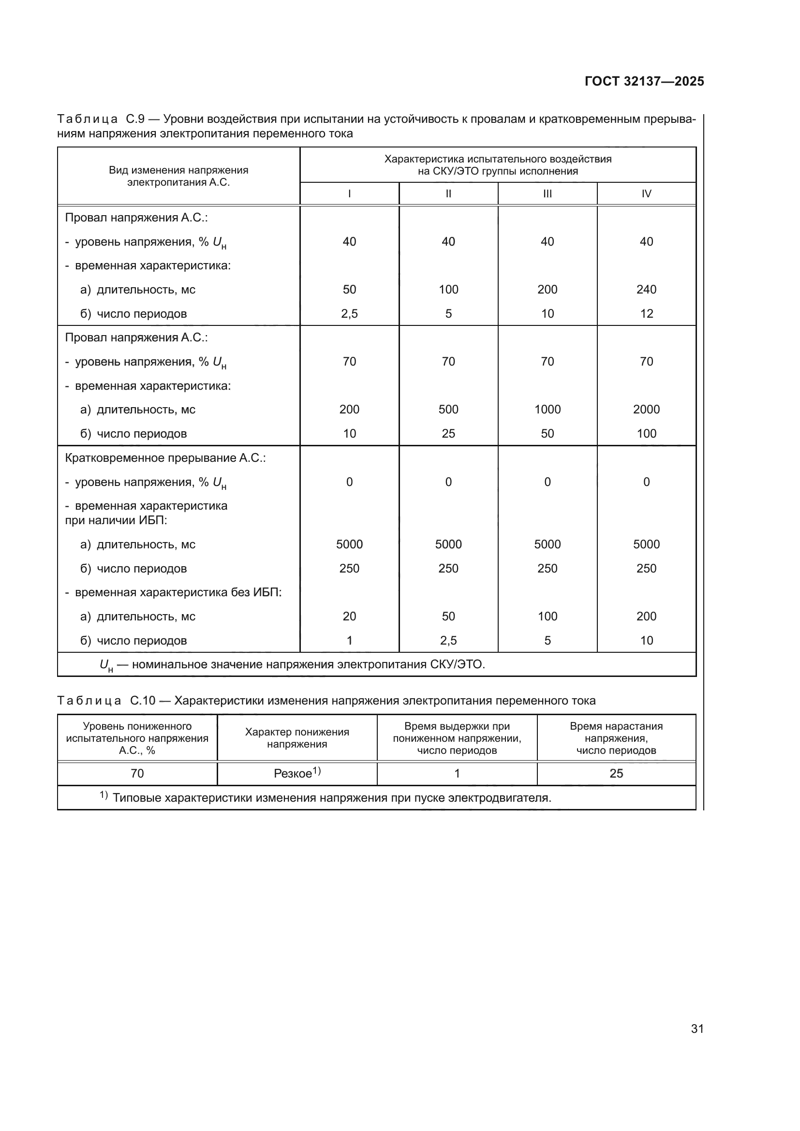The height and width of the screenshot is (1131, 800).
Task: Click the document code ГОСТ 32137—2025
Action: coord(644,81)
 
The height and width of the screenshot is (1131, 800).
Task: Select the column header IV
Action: coord(646,193)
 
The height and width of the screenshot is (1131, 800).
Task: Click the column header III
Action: coord(548,193)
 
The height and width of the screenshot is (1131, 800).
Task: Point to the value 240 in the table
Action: coord(646,289)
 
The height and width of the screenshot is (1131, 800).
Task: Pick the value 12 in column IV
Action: coord(646,313)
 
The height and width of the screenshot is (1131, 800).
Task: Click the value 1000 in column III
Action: coord(548,410)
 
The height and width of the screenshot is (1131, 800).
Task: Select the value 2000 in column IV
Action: coord(646,410)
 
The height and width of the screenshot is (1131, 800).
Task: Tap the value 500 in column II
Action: coord(448,410)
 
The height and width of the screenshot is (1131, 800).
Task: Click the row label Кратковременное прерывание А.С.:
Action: coord(165,457)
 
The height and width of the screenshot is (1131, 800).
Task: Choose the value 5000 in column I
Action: coord(349,544)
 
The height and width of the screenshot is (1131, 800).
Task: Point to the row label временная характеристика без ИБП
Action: coord(178,592)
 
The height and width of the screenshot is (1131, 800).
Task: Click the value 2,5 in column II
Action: coord(448,640)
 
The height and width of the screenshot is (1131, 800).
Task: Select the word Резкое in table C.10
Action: coord(293,773)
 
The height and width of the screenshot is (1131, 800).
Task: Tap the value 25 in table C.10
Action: coord(616,773)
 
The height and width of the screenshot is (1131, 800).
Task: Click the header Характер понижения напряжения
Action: coord(297,738)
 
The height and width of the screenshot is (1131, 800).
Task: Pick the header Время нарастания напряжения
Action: coord(616,738)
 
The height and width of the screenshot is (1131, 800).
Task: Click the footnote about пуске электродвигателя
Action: coord(331,797)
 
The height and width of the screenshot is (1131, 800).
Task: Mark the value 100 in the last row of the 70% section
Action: coord(646,433)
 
